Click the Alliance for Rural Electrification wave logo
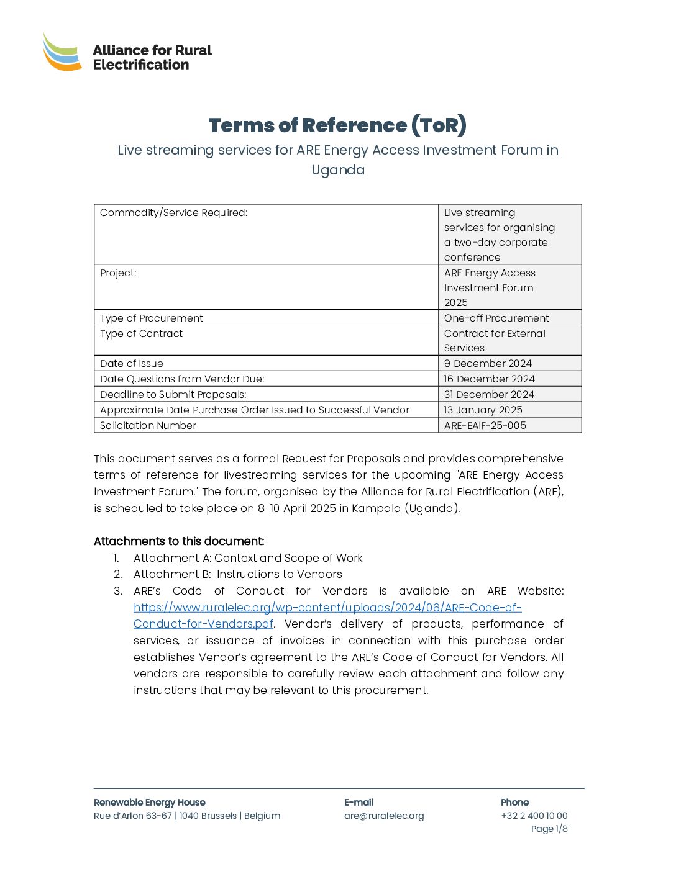(x=62, y=52)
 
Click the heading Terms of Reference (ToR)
(x=337, y=125)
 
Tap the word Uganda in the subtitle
(x=337, y=170)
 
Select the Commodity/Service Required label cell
(x=174, y=213)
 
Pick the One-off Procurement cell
(x=496, y=318)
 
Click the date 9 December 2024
(x=488, y=364)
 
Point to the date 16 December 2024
(x=489, y=379)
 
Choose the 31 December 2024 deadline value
(x=489, y=395)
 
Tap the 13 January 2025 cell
(x=483, y=410)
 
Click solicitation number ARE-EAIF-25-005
(x=485, y=426)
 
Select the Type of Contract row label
(x=142, y=334)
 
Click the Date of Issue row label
(x=132, y=364)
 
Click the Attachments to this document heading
(x=179, y=541)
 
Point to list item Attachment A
(x=248, y=558)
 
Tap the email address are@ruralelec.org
(x=384, y=816)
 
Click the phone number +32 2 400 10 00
(x=534, y=816)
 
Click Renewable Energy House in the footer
(x=149, y=803)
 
